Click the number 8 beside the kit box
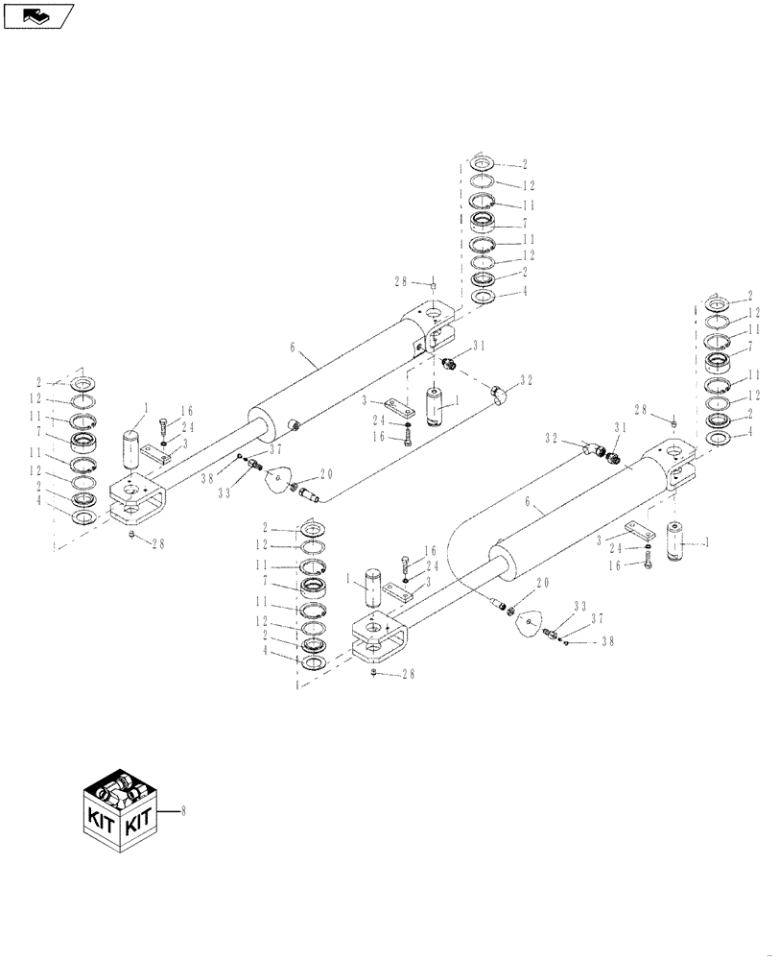pos(182,809)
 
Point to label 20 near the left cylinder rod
pos(327,474)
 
